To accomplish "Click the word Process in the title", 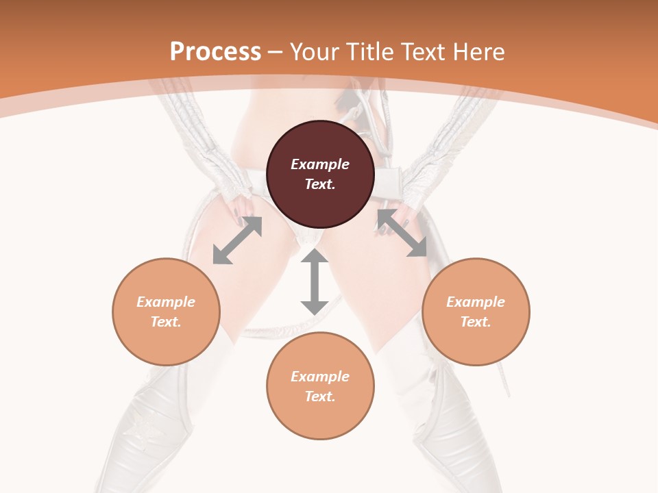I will [215, 52].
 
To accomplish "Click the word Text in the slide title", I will [422, 52].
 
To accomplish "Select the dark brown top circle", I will [320, 174].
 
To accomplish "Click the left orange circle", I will [166, 312].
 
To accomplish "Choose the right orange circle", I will [476, 312].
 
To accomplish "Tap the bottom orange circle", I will [320, 385].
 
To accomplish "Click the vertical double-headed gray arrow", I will [315, 282].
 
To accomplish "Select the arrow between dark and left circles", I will [237, 240].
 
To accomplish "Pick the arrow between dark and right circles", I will [402, 233].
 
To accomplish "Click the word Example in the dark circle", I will [320, 164].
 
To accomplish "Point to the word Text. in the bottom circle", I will [320, 396].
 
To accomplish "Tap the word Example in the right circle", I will [476, 302].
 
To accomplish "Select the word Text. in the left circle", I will [166, 322].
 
